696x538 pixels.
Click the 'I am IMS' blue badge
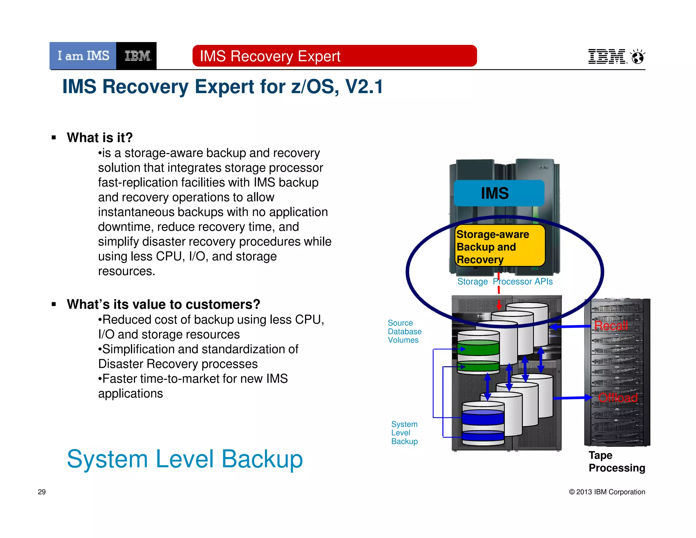point(83,56)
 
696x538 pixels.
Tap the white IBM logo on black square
point(137,56)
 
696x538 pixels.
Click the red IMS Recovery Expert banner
point(334,56)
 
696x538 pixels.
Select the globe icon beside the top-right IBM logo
point(638,57)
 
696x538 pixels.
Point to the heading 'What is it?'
point(100,138)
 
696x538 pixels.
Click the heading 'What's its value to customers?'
point(163,304)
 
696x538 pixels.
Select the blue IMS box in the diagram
point(499,193)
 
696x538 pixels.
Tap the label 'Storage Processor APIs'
point(505,282)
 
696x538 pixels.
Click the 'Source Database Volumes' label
point(404,332)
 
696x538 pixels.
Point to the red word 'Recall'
point(611,326)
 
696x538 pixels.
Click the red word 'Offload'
point(617,398)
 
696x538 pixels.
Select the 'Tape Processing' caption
point(616,461)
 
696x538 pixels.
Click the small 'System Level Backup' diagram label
point(404,433)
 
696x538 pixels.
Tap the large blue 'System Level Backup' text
point(185,459)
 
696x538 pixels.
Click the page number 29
point(41,492)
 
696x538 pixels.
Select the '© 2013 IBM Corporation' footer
point(607,492)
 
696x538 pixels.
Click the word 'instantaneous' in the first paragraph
point(136,212)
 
